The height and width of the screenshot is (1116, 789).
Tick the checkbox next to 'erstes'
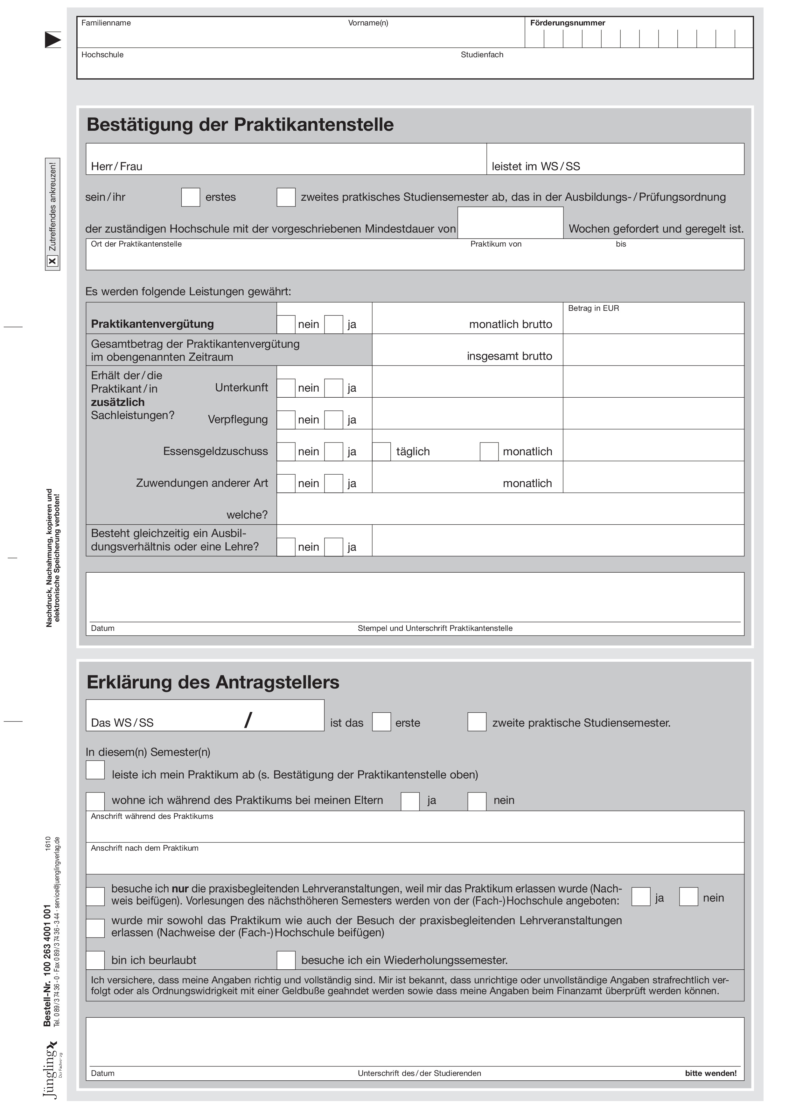pos(191,197)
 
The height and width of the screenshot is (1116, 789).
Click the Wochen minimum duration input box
pos(510,223)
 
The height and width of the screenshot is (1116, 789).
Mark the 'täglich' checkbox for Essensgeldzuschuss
pos(382,451)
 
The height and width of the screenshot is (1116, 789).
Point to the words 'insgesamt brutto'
pos(509,356)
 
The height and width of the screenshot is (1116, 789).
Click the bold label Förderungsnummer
pos(567,23)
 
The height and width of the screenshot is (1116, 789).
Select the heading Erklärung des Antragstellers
pos(213,682)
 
